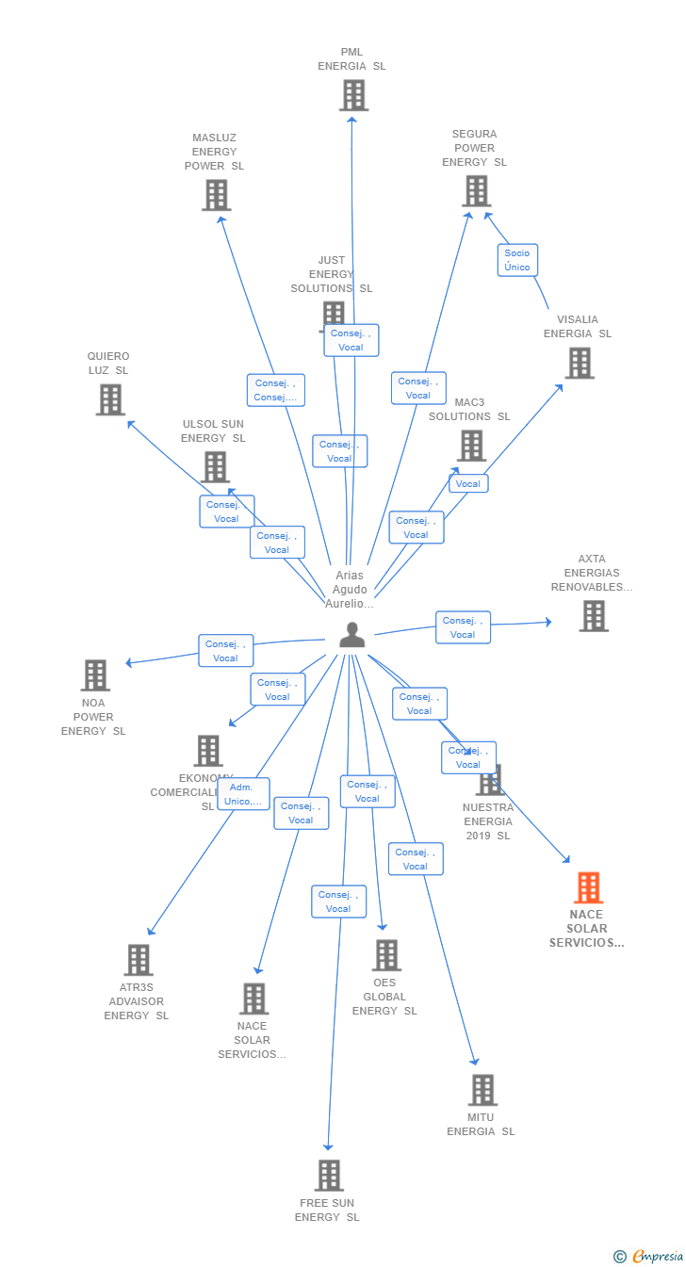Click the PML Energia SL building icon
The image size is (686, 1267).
pos(353,95)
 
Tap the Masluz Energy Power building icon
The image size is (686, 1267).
pos(216,195)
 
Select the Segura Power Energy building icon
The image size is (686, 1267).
pos(476,191)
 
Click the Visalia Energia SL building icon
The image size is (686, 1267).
pos(579,363)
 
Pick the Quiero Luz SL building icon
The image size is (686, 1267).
pos(110,399)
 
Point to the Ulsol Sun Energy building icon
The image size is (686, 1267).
pos(215,466)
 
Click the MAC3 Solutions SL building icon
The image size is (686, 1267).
pos(470,446)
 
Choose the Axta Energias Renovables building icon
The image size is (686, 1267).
pos(593,616)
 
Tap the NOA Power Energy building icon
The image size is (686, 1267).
pos(95,675)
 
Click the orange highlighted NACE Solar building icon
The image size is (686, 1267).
pos(588,887)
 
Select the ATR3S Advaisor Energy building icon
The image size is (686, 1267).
pos(138,960)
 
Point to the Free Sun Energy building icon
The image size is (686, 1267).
pos(329,1176)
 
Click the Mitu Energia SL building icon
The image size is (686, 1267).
pos(482,1090)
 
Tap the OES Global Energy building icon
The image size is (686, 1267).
pos(385,955)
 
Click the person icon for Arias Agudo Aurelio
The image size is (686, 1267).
pos(351,636)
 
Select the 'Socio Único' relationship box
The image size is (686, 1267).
pos(517,260)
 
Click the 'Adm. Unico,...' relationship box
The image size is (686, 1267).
pos(243,794)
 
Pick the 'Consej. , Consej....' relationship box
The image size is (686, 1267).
pos(276,390)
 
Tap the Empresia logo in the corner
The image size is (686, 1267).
pos(649,1256)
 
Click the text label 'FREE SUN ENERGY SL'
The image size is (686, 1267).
pos(327,1210)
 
